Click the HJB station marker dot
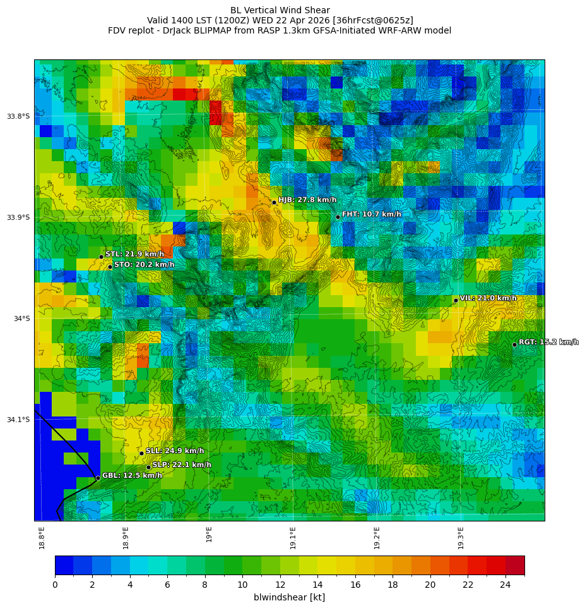pos(274,202)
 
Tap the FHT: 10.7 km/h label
pos(371,214)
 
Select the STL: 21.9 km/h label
pos(134,254)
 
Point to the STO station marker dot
pos(110,267)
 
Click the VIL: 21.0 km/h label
pos(488,298)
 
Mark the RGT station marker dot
pos(514,344)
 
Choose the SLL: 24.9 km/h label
pos(175,451)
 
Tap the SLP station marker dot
pos(149,468)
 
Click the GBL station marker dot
pos(98,478)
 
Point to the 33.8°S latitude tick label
pos(18,116)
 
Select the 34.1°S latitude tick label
pos(18,420)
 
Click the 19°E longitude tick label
pos(210,534)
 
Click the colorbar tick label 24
pos(505,585)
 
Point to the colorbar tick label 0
pos(55,585)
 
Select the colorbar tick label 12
pos(280,585)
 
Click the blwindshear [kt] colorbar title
pos(289,597)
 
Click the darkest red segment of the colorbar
pos(515,565)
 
